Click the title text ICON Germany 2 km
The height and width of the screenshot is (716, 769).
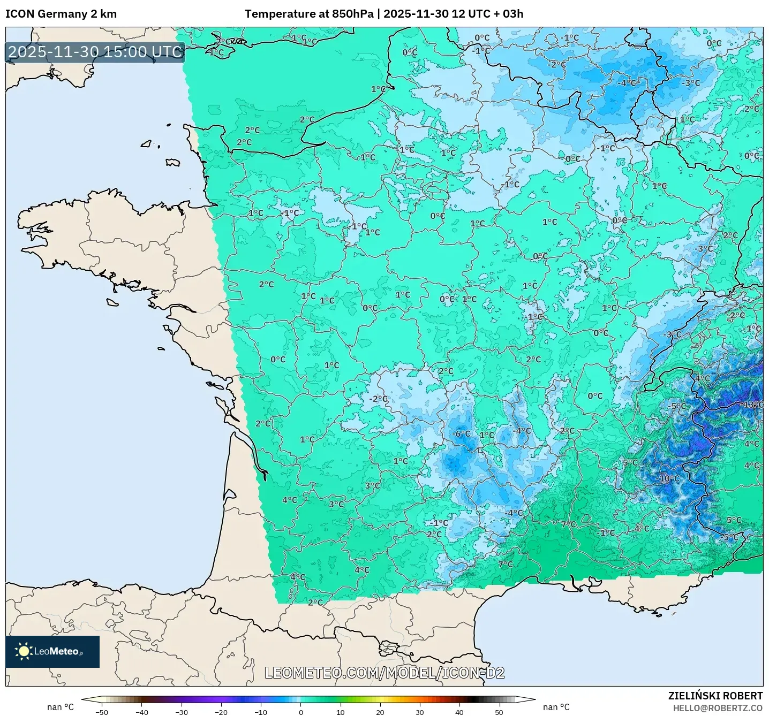(x=61, y=14)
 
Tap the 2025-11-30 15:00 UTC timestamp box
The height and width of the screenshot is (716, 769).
(x=95, y=52)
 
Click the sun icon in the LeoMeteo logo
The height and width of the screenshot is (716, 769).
(x=24, y=651)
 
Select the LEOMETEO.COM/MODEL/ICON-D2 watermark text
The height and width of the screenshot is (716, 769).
(x=384, y=673)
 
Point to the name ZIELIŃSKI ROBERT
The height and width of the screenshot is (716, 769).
(x=715, y=696)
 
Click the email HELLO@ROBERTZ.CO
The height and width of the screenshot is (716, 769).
(x=718, y=708)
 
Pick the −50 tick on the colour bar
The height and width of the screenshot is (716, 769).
(x=101, y=712)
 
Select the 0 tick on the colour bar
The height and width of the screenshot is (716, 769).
(x=301, y=712)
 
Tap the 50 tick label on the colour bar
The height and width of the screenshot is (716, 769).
(x=499, y=712)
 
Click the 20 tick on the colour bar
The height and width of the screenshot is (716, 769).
(x=380, y=712)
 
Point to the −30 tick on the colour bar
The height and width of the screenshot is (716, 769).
(x=181, y=712)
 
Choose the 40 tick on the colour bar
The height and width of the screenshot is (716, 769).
(x=459, y=712)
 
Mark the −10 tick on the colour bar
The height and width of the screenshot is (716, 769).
(x=260, y=712)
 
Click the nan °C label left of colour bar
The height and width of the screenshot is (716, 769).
(x=61, y=707)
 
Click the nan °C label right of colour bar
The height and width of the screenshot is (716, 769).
(x=556, y=707)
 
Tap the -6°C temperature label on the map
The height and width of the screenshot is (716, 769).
(x=461, y=433)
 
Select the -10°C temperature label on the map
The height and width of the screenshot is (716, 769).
(x=668, y=478)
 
